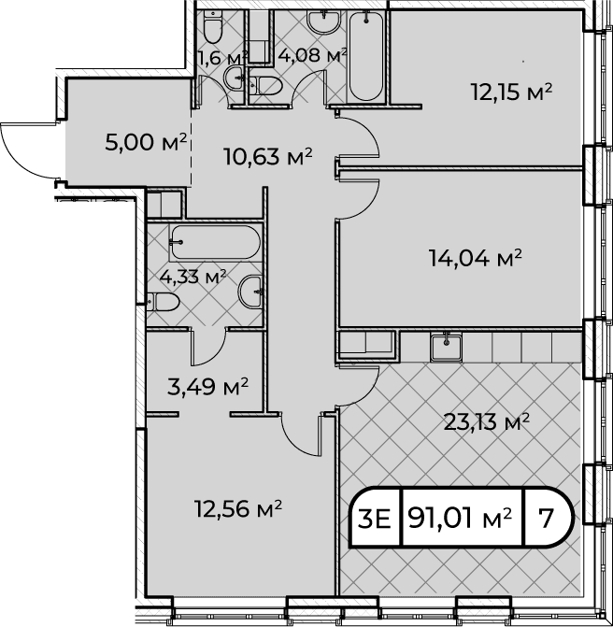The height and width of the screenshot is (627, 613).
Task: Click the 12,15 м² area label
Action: pos(511,93)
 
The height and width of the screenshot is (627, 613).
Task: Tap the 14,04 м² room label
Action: pos(476,258)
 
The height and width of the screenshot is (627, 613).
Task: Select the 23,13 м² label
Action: pos(487,422)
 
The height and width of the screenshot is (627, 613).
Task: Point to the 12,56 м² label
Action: pos(238,508)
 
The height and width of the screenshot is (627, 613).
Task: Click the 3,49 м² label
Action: pos(207,387)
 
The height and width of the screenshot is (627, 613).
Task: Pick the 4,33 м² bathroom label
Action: pos(192,277)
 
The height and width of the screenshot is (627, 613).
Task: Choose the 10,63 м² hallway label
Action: pos(268,156)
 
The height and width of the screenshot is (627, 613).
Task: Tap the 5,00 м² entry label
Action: pos(146,142)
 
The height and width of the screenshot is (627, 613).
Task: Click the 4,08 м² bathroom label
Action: pos(312,55)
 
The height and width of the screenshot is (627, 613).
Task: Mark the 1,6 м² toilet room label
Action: pos(222,58)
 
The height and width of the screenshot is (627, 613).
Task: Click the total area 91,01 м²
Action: pos(460,519)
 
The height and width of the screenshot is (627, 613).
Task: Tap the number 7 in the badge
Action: pos(546,519)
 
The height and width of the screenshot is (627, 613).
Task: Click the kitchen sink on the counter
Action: pos(447,348)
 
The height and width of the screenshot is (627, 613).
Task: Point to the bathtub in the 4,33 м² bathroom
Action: pos(215,242)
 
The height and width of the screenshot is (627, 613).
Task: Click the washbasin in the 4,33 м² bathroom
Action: pos(250,292)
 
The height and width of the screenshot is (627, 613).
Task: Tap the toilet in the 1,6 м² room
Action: pos(212,26)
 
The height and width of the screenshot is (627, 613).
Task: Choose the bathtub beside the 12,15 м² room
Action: pos(366,55)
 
